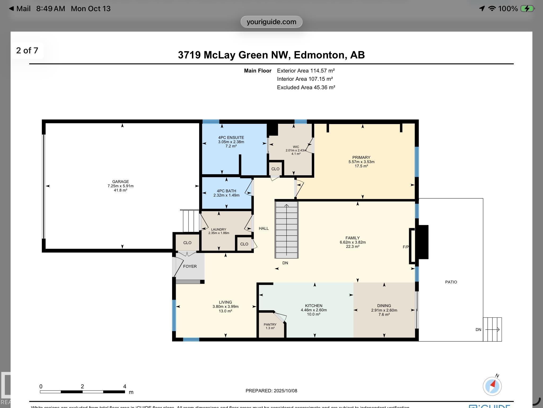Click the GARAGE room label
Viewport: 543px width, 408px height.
pos(120,182)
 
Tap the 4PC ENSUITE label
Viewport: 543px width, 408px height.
pos(231,138)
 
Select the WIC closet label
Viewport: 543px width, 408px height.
pos(296,147)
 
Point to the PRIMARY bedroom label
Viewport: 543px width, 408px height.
pos(361,158)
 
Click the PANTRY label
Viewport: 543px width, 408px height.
pos(270,325)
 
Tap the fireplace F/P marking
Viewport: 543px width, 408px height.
pos(405,247)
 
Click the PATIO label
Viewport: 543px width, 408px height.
pos(451,282)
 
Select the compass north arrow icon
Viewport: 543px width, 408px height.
pos(492,386)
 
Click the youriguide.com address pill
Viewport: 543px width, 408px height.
pos(271,22)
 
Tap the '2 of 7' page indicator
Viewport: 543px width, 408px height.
pos(27,50)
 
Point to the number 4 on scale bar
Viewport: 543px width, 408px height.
pos(125,386)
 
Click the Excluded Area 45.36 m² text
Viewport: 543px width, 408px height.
pos(306,87)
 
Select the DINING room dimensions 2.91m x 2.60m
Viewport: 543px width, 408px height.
pos(384,310)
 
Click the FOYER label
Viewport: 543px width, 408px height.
pos(190,266)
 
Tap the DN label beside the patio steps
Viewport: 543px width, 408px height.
pos(478,330)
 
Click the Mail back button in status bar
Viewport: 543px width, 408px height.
pos(20,8)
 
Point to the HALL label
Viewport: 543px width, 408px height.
pos(264,228)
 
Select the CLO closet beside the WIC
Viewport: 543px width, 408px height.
pos(275,169)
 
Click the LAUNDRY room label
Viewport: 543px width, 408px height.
pos(218,229)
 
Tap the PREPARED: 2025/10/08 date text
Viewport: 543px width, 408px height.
pos(271,391)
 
